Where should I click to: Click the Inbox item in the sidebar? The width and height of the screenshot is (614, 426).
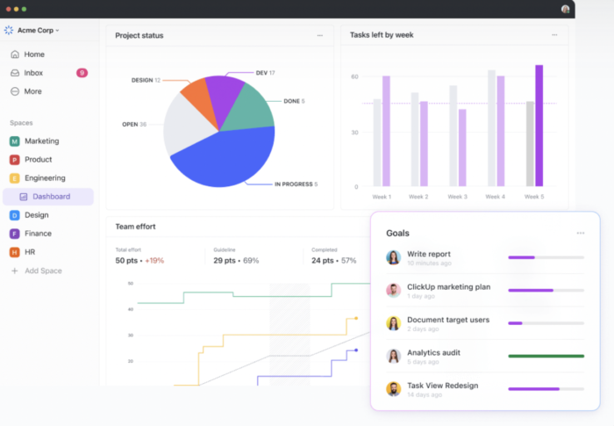click(33, 73)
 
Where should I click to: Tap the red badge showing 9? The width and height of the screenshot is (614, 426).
click(82, 73)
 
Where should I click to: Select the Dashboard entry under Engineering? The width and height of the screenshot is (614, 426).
click(51, 197)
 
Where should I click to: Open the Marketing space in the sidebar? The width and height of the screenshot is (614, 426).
click(41, 141)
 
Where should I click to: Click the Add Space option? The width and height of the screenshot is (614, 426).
click(43, 271)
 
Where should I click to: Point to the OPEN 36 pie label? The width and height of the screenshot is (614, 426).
click(134, 124)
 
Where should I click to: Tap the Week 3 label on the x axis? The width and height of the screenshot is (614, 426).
click(458, 197)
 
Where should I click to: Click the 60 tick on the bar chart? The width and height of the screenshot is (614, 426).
click(354, 77)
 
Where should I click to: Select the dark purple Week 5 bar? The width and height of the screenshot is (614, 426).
click(539, 125)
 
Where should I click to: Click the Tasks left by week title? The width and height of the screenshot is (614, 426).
click(382, 35)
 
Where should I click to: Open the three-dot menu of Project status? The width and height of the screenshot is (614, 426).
click(319, 35)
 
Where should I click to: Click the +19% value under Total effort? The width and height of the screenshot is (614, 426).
click(154, 261)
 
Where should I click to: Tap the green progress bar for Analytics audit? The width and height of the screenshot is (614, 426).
click(546, 356)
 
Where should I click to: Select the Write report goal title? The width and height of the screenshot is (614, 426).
click(429, 254)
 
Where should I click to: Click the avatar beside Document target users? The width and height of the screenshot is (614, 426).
click(394, 323)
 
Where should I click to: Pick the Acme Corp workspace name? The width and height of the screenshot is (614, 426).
click(37, 30)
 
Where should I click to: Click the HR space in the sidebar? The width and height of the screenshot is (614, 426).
click(30, 252)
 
